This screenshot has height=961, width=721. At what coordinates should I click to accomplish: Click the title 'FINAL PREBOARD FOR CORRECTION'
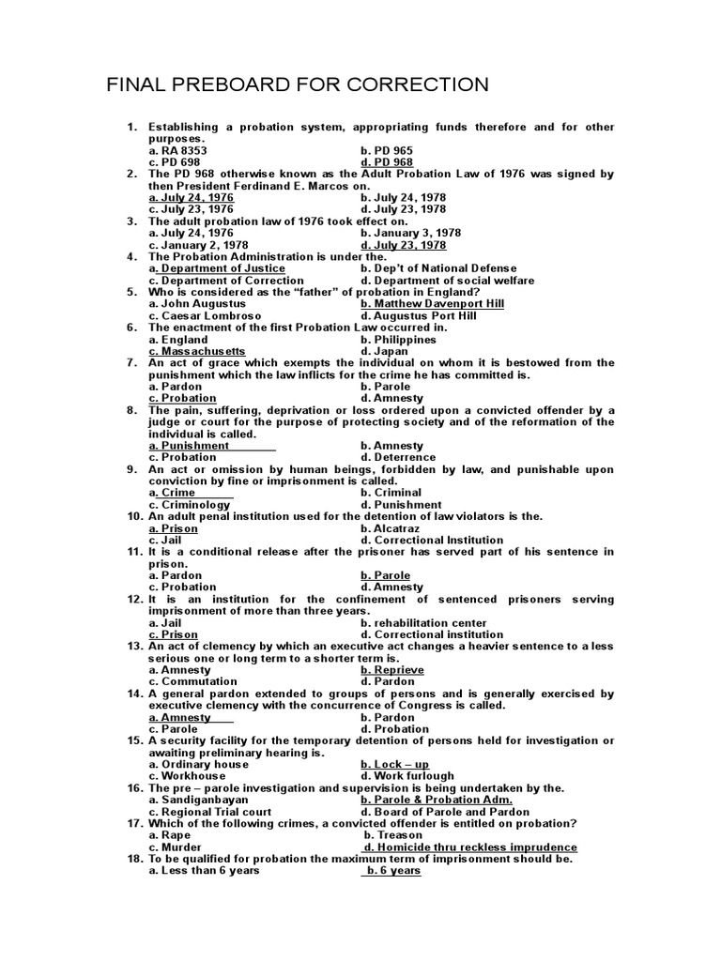coord(298,85)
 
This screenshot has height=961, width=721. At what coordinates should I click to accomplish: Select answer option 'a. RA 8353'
coord(178,150)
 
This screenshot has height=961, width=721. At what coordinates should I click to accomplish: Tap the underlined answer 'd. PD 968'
coord(387,162)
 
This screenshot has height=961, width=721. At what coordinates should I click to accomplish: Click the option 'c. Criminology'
coord(190,504)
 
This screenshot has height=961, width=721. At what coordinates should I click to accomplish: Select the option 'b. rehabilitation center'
coord(423,622)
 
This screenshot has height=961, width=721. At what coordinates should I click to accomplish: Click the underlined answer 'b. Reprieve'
coord(392,670)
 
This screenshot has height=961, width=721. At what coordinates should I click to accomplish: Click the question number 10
coord(134,516)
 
